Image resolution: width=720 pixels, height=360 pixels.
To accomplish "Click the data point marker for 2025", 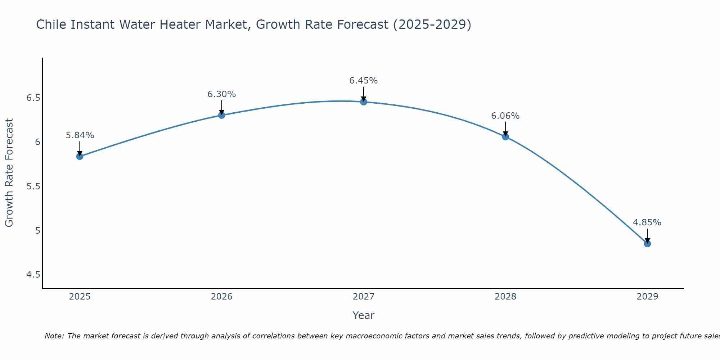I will tap(80, 156).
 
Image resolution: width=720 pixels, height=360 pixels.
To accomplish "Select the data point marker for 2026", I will tap(222, 115).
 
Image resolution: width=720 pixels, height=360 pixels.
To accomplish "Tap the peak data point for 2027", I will tap(364, 102).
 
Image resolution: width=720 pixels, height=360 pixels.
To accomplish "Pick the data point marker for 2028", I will tap(505, 137).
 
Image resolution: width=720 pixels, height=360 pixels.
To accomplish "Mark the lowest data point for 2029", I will tap(647, 244).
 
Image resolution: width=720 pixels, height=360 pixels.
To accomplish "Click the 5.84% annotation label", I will tap(80, 135).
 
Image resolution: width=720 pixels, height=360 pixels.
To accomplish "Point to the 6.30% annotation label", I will tap(222, 94).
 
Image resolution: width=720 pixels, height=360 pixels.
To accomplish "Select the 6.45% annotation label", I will tap(364, 81).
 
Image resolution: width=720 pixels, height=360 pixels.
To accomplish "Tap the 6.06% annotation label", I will tap(505, 116).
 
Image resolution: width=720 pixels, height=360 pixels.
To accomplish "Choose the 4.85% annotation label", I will tap(647, 222).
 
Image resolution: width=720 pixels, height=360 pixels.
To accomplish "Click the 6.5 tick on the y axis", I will tap(33, 98).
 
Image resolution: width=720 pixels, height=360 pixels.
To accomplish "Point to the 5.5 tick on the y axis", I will tap(33, 186).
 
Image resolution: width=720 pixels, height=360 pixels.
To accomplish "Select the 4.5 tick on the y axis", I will tap(33, 275).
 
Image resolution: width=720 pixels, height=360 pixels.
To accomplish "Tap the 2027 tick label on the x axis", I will tap(364, 297).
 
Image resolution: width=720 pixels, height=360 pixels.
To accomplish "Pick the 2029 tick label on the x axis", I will tap(647, 297).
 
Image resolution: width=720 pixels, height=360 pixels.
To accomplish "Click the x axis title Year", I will tap(364, 315).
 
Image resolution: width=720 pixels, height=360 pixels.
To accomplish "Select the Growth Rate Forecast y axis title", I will tap(9, 173).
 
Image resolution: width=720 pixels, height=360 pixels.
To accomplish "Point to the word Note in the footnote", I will tap(54, 336).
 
